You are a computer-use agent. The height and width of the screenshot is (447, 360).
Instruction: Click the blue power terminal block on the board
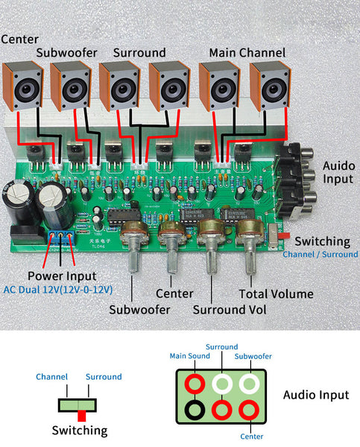tap(60, 237)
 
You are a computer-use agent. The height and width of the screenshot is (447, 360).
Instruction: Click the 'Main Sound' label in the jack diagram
tap(191, 355)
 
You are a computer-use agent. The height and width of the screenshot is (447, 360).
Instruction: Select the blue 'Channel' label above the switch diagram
tap(51, 377)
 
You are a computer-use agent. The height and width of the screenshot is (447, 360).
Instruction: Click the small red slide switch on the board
tap(282, 238)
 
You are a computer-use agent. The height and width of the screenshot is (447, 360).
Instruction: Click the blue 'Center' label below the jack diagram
tap(247, 437)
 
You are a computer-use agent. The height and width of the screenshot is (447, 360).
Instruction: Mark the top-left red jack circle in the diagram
tap(197, 383)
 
